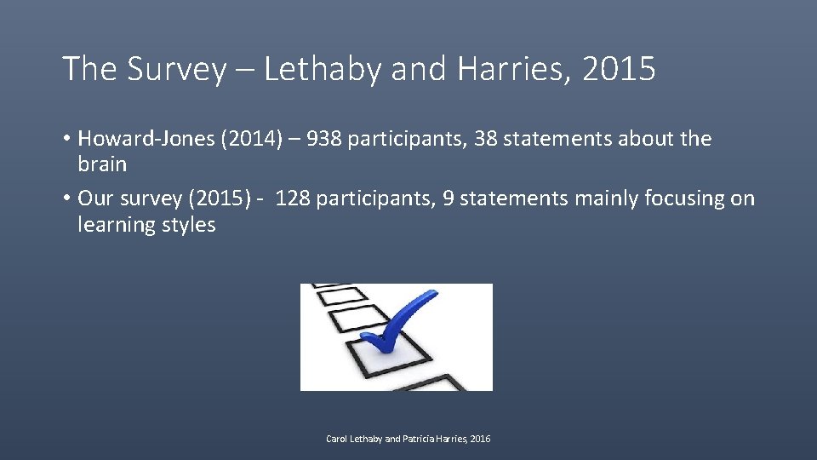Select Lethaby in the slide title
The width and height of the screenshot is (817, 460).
(323, 70)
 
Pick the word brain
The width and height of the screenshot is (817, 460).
(102, 164)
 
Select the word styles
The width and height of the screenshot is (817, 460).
(190, 225)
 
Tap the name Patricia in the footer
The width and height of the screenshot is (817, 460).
(422, 439)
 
